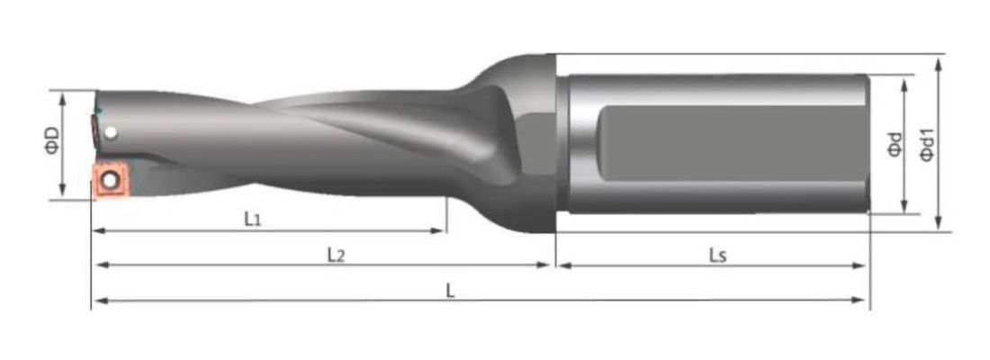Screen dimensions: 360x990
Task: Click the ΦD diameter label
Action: [x=53, y=140]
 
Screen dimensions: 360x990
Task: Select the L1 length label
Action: [x=253, y=219]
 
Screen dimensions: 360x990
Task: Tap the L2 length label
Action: [x=335, y=255]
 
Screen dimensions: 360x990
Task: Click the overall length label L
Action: [x=451, y=289]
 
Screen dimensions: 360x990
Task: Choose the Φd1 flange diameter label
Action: [x=928, y=144]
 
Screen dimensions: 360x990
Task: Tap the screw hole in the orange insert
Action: [x=110, y=180]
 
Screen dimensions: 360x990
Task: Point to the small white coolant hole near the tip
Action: [x=110, y=134]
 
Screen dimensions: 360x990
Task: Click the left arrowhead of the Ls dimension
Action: [x=561, y=265]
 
